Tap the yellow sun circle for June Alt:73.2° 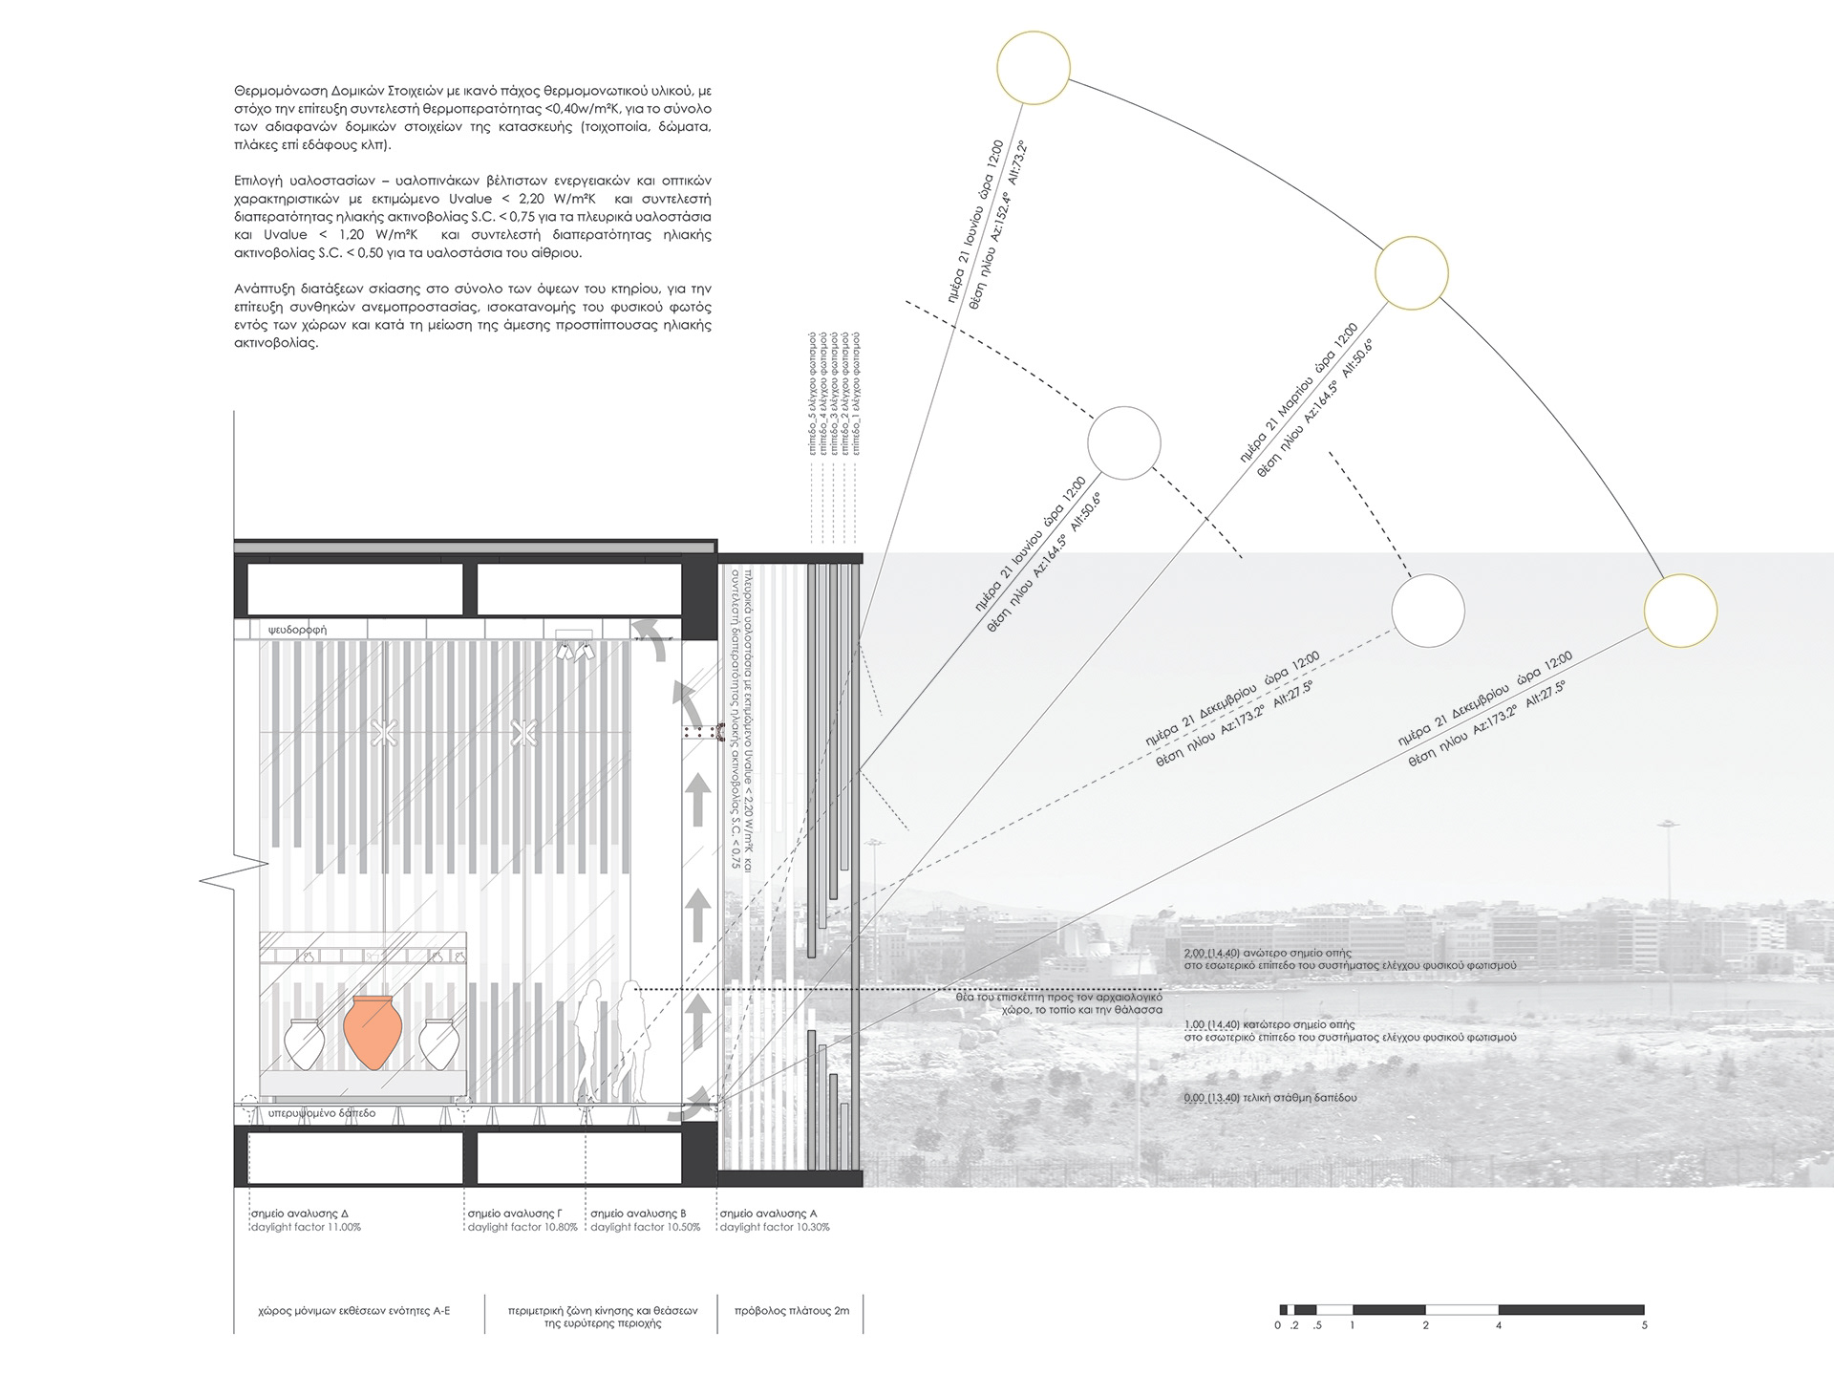click(1033, 68)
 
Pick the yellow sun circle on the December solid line click(1680, 611)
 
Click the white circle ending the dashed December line click(1427, 611)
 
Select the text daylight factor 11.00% click(306, 1227)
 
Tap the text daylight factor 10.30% click(775, 1227)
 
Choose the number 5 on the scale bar click(1644, 1325)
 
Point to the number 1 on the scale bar click(1353, 1325)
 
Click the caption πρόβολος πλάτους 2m click(791, 1311)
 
